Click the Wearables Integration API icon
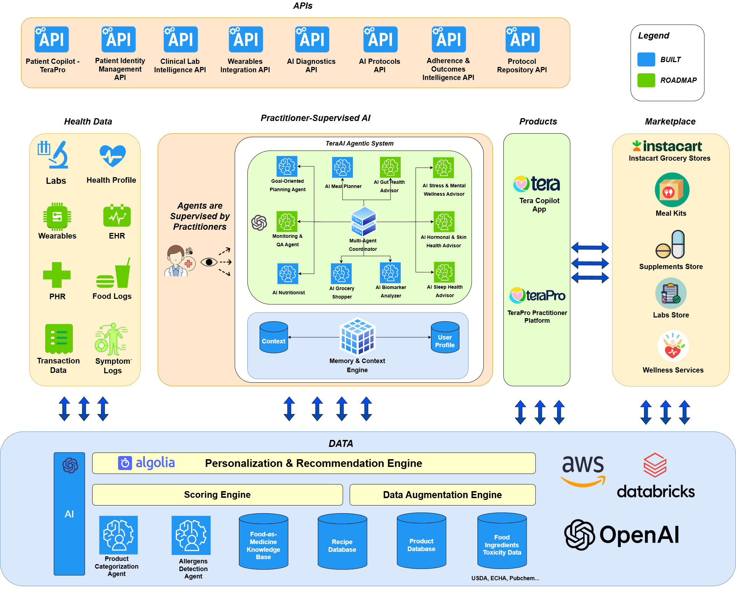[x=246, y=39]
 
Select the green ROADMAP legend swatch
[x=646, y=80]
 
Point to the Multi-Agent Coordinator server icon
[x=363, y=221]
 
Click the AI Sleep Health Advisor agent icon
[x=444, y=272]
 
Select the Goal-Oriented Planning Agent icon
[x=287, y=166]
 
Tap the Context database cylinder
[x=274, y=337]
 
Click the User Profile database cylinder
[x=445, y=337]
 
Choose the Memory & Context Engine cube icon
[x=358, y=336]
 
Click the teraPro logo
[x=537, y=295]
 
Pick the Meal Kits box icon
[x=672, y=190]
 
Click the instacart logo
[x=667, y=146]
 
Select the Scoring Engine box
[x=217, y=495]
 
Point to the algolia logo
[x=146, y=463]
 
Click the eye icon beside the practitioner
[x=209, y=262]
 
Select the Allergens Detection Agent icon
[x=191, y=535]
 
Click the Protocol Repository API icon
[x=522, y=39]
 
